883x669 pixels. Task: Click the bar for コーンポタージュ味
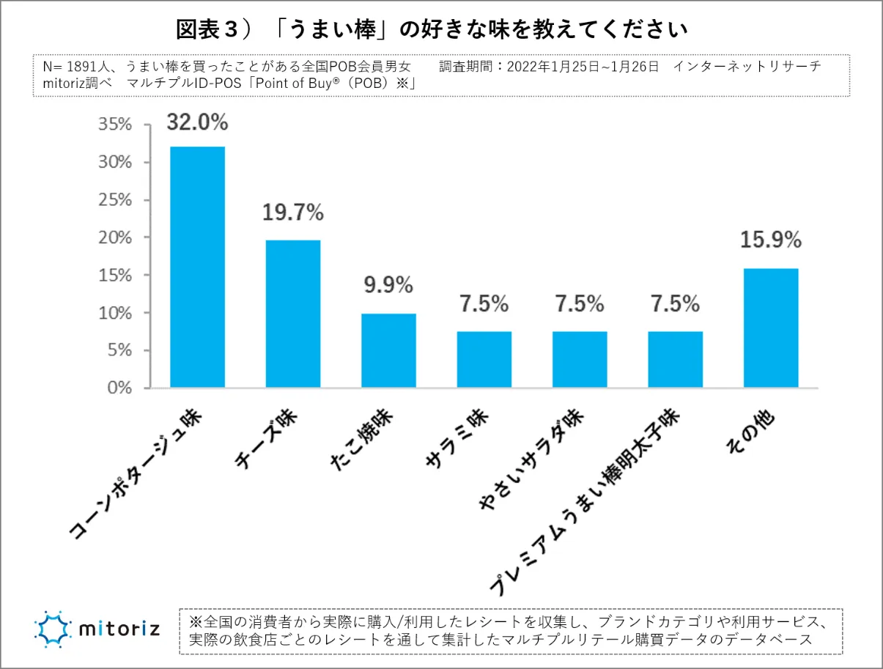click(197, 267)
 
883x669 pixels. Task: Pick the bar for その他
click(771, 328)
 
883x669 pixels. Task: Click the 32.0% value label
click(197, 122)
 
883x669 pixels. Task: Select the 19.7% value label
click(292, 213)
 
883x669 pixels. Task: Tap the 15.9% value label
click(771, 240)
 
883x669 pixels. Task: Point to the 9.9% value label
click(388, 286)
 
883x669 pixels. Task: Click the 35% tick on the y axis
click(115, 125)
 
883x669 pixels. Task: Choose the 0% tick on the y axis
click(119, 388)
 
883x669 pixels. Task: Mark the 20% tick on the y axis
click(115, 237)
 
